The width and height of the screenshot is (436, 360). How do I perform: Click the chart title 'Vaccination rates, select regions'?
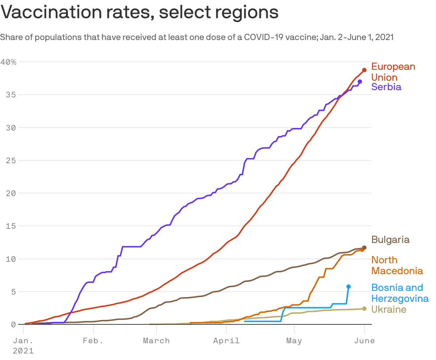(x=140, y=12)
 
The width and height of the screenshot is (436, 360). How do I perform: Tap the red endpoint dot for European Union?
(x=364, y=70)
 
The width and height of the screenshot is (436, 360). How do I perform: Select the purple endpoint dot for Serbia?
(x=360, y=81)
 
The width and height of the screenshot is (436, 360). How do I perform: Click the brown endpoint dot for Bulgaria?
(x=364, y=248)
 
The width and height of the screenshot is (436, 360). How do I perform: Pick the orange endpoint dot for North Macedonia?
(x=362, y=250)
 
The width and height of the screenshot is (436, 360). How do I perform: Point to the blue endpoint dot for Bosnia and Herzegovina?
(x=348, y=287)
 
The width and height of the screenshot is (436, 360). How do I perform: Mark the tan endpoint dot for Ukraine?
(x=364, y=309)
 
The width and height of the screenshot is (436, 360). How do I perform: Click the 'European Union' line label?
(x=393, y=72)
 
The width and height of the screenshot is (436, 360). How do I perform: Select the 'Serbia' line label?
(x=386, y=87)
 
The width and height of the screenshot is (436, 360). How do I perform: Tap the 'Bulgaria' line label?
(x=390, y=240)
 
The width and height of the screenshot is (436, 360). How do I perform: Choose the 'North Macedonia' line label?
(x=397, y=265)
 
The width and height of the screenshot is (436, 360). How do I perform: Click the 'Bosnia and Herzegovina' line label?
(x=400, y=293)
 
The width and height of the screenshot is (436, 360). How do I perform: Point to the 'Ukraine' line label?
(x=388, y=309)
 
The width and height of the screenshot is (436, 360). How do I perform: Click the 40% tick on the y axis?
(x=8, y=62)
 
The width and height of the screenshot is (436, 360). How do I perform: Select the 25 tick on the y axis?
(x=11, y=160)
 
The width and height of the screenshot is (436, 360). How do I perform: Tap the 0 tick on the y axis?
(x=13, y=324)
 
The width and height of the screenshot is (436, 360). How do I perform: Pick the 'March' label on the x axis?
(x=156, y=341)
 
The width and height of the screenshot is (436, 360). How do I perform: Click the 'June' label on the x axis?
(x=364, y=341)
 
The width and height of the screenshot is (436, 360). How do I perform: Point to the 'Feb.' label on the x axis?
(x=93, y=341)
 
